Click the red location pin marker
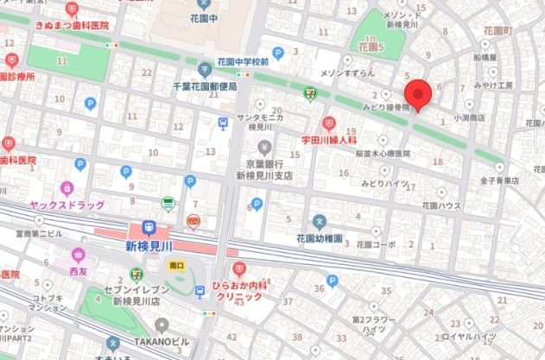418,94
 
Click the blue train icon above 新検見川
149,229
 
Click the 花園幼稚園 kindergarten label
320,237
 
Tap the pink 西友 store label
79,269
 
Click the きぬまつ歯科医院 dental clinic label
73,27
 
